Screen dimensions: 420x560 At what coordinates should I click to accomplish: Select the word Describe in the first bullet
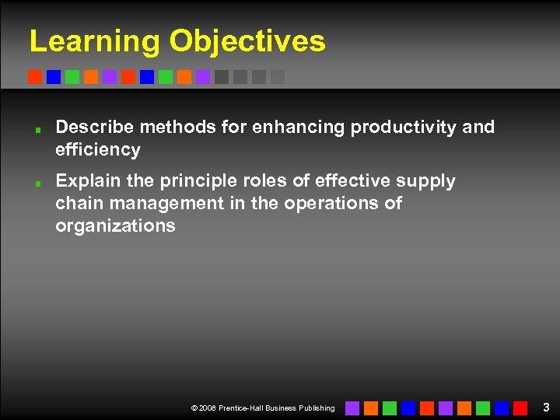93,127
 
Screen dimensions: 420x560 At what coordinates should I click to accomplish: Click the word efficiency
98,149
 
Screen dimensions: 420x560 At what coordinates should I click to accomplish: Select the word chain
79,204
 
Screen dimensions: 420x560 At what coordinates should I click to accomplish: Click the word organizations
115,226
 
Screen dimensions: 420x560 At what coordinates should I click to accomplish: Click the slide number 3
546,407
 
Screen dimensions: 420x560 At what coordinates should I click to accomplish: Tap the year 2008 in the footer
208,408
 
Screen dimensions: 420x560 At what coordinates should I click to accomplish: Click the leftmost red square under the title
35,77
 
